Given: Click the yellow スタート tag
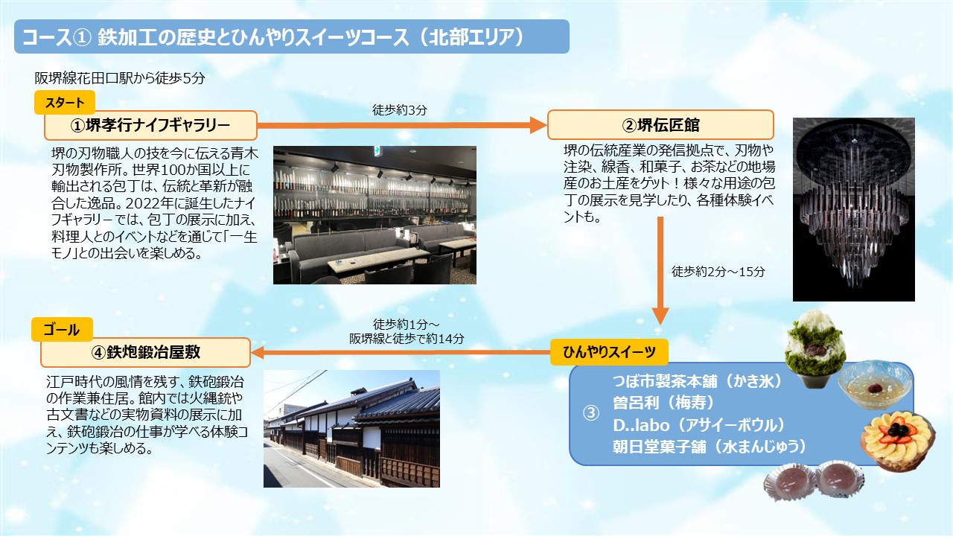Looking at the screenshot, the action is pyautogui.click(x=65, y=103).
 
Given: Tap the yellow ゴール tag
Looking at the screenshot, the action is pyautogui.click(x=62, y=330).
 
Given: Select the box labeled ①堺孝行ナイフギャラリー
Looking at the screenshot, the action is pyautogui.click(x=150, y=126).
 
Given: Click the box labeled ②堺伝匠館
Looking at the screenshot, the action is pyautogui.click(x=660, y=124).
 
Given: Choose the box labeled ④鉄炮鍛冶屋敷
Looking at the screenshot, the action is pyautogui.click(x=145, y=352).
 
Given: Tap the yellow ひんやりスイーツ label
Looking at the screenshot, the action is pyautogui.click(x=609, y=352).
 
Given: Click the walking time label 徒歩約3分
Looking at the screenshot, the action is pyautogui.click(x=400, y=109).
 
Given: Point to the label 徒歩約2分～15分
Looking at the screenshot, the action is pyautogui.click(x=718, y=272).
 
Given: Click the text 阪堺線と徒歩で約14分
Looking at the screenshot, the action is pyautogui.click(x=407, y=339).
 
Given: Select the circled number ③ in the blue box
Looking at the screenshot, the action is pyautogui.click(x=591, y=413).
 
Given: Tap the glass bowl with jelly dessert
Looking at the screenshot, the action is pyautogui.click(x=875, y=385).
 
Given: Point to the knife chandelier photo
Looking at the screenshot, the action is pyautogui.click(x=853, y=209).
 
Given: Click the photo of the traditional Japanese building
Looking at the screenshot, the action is pyautogui.click(x=351, y=428).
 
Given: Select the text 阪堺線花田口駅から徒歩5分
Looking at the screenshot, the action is pyautogui.click(x=120, y=78).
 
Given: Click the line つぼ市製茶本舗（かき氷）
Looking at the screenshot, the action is pyautogui.click(x=698, y=381).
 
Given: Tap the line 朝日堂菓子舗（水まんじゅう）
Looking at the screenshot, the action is pyautogui.click(x=710, y=447).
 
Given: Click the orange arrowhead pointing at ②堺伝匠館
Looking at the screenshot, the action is pyautogui.click(x=538, y=125).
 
